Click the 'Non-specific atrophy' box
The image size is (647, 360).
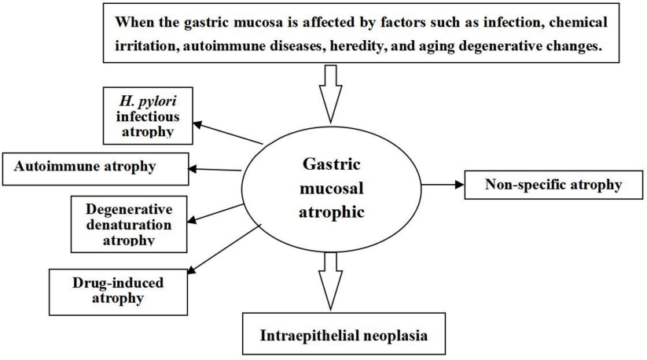pyautogui.click(x=553, y=185)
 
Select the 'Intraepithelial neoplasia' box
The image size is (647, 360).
pyautogui.click(x=344, y=333)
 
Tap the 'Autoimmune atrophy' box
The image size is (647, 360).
pyautogui.click(x=95, y=169)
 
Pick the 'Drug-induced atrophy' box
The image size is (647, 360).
pyautogui.click(x=118, y=292)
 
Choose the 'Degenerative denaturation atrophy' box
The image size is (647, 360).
pyautogui.click(x=129, y=224)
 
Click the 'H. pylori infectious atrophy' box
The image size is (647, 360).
pyautogui.click(x=148, y=116)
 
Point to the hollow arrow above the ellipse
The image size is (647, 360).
pyautogui.click(x=330, y=94)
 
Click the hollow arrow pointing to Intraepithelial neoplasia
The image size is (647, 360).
pyautogui.click(x=330, y=281)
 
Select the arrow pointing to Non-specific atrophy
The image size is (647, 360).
pyautogui.click(x=443, y=185)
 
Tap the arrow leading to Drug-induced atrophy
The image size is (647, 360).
pyautogui.click(x=224, y=248)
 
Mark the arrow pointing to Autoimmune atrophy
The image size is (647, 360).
pyautogui.click(x=215, y=169)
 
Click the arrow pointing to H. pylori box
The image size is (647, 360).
pyautogui.click(x=228, y=133)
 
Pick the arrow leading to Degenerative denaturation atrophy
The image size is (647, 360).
pyautogui.click(x=215, y=213)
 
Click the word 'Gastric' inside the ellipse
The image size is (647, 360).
pyautogui.click(x=331, y=164)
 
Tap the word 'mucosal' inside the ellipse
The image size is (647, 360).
pyautogui.click(x=331, y=189)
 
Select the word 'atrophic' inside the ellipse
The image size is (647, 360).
pyautogui.click(x=331, y=212)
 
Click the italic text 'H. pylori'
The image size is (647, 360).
pyautogui.click(x=148, y=101)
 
